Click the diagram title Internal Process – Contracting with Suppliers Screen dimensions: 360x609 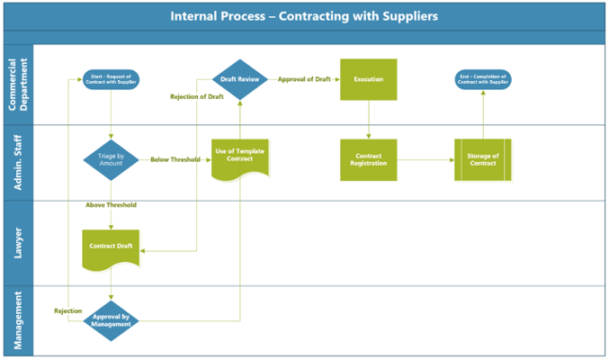(304, 16)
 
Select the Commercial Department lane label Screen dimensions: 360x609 (18, 85)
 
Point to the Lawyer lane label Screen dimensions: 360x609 (18, 243)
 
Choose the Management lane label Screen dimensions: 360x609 (18, 319)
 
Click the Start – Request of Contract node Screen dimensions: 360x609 (111, 79)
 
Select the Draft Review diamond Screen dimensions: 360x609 (240, 79)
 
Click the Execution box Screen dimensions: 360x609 (368, 79)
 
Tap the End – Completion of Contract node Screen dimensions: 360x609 (483, 79)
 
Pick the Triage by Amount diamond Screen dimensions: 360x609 (111, 159)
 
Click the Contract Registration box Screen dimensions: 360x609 (368, 159)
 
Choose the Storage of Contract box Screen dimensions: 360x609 (483, 159)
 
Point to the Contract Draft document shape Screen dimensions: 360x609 (111, 246)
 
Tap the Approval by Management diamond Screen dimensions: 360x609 (111, 320)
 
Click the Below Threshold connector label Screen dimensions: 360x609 (175, 159)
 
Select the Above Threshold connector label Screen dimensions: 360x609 (111, 205)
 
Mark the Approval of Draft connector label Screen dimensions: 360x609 (302, 79)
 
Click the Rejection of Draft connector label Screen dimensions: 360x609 (197, 97)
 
